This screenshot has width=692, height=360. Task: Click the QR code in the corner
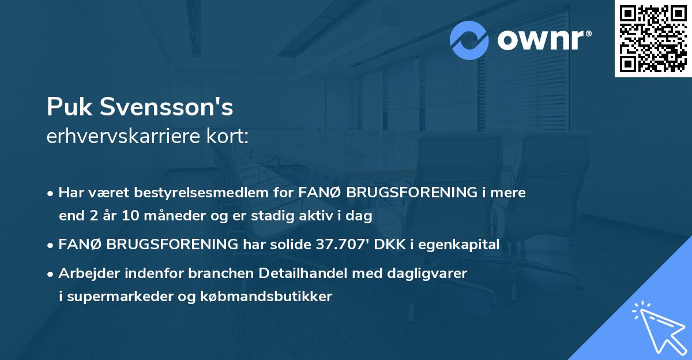[x=653, y=39]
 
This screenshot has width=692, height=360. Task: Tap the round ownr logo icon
[x=469, y=40]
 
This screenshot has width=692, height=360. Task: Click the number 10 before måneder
[x=127, y=216]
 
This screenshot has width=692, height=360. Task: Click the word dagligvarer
[x=432, y=273]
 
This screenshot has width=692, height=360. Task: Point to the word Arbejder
[x=85, y=273]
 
